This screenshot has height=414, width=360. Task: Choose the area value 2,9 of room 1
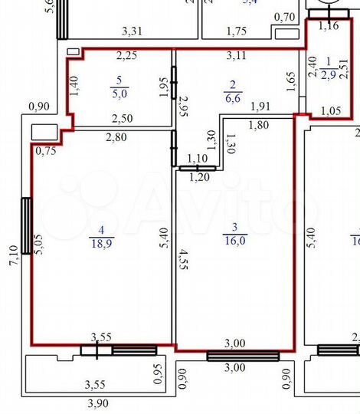pyautogui.click(x=328, y=74)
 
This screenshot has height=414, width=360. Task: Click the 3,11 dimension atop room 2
pyautogui.click(x=237, y=55)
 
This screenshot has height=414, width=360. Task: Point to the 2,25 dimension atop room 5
pyautogui.click(x=126, y=55)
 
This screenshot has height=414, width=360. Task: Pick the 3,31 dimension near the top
pyautogui.click(x=134, y=31)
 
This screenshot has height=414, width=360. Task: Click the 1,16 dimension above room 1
pyautogui.click(x=328, y=26)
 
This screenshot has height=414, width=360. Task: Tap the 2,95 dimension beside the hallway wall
pyautogui.click(x=183, y=107)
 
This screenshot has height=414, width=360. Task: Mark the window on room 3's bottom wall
pyautogui.click(x=242, y=356)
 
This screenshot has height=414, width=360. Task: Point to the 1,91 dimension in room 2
pyautogui.click(x=260, y=107)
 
